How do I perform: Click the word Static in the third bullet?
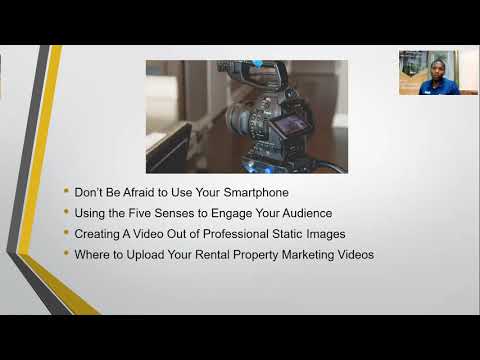[x=283, y=233]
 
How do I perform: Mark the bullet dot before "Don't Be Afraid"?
[x=66, y=191]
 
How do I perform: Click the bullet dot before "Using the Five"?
[x=66, y=212]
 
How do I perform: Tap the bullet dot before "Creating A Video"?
[x=66, y=233]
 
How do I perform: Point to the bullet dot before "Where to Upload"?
[x=66, y=254]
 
